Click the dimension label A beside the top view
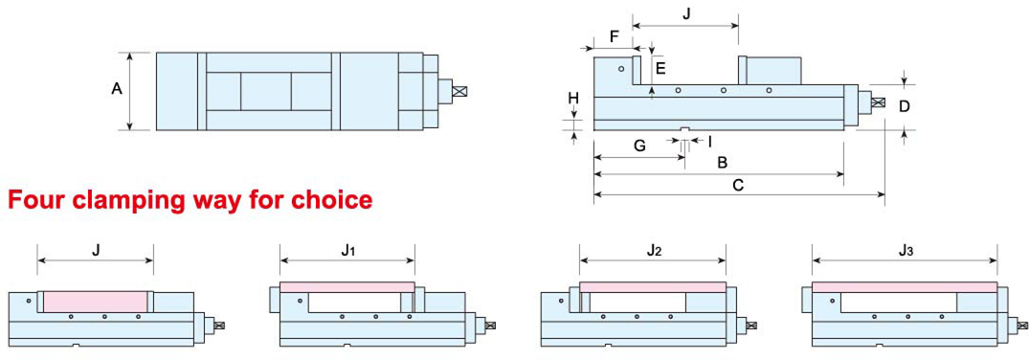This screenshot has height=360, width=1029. (x=118, y=89)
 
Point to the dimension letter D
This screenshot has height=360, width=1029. (x=905, y=106)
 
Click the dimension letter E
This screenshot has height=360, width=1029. (x=660, y=68)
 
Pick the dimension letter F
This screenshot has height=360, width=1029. (x=613, y=36)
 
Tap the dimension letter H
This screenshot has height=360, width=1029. (x=573, y=100)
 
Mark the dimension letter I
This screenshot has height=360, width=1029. (x=708, y=141)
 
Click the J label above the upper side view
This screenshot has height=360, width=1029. (x=686, y=13)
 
